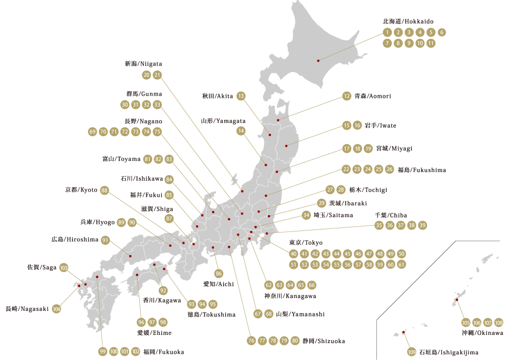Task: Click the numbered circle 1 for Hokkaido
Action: coord(387,32)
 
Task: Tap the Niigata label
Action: coord(143,64)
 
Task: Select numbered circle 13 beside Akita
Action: coord(241,96)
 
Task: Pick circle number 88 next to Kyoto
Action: coord(105,190)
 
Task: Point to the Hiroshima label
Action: coord(75,239)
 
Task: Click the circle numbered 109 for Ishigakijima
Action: coord(412,352)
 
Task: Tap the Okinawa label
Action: coord(481,333)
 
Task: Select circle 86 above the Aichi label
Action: coord(219,273)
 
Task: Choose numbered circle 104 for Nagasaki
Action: coord(56,309)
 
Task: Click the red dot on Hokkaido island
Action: coord(319,60)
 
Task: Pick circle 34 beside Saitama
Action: coord(306,215)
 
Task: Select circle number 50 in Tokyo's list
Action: coord(402,254)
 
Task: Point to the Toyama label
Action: coord(121,159)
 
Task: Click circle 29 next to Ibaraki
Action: coord(322,203)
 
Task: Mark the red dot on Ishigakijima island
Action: coord(403,333)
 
